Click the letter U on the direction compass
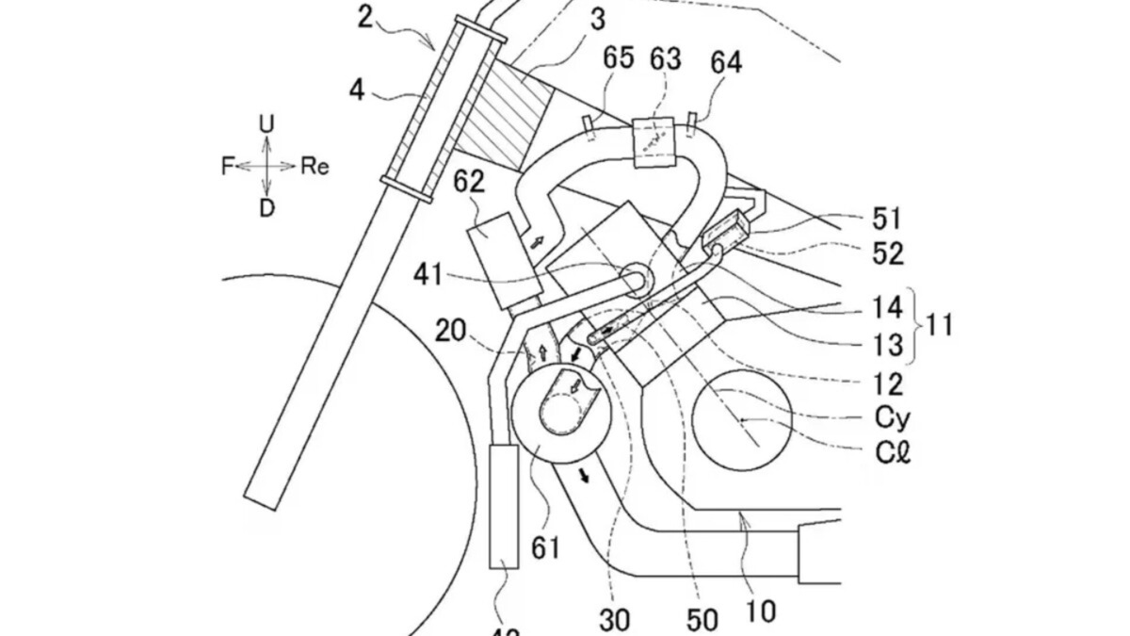click(x=267, y=123)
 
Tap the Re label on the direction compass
click(x=315, y=167)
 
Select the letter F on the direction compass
click(x=226, y=167)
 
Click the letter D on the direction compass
click(x=267, y=209)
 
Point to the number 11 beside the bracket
click(x=938, y=326)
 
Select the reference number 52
click(x=887, y=253)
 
